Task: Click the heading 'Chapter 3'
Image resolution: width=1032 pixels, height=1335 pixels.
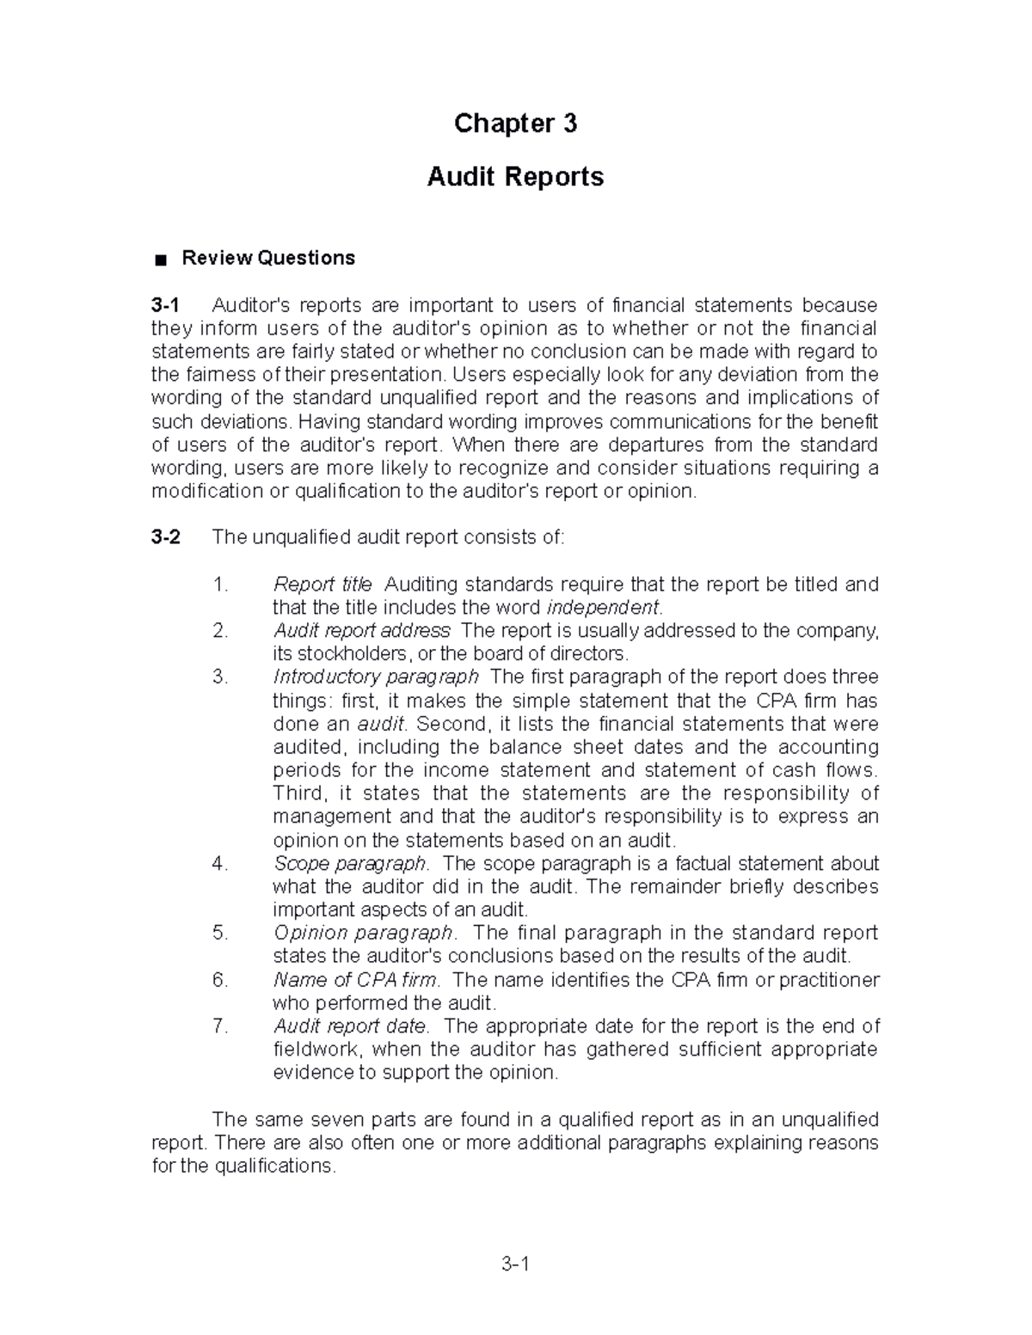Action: pos(515,124)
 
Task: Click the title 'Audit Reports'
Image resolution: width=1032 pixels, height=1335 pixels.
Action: pos(515,177)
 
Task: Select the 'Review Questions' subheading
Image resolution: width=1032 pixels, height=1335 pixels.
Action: pos(267,258)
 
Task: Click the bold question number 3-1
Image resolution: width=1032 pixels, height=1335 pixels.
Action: pos(166,305)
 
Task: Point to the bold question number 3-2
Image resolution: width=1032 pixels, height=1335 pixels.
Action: pos(166,537)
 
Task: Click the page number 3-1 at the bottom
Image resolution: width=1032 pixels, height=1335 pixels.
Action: pos(515,1264)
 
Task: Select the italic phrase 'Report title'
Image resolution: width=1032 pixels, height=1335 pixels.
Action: pos(322,585)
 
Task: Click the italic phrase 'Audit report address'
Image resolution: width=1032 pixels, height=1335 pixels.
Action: pos(361,631)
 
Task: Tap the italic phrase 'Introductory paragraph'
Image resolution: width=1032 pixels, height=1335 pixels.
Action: pos(375,677)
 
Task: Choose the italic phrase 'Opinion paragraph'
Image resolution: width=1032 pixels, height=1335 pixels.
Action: pos(363,933)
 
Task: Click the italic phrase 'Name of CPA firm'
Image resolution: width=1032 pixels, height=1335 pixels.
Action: pos(356,980)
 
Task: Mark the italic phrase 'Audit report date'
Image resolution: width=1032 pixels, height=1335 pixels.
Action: pos(350,1026)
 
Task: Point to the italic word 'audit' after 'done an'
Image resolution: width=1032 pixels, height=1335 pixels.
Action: pos(379,724)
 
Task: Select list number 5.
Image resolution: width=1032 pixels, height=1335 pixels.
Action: pos(220,933)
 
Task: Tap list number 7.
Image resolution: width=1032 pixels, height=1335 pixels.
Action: pos(220,1026)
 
